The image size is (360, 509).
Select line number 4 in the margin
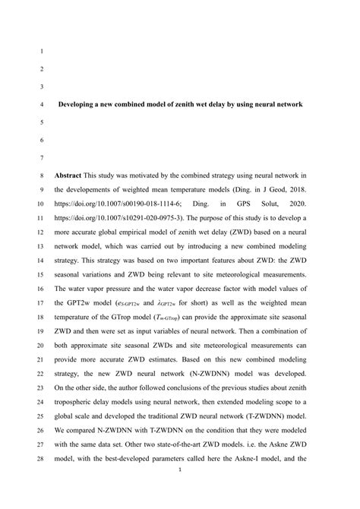click(x=40, y=104)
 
